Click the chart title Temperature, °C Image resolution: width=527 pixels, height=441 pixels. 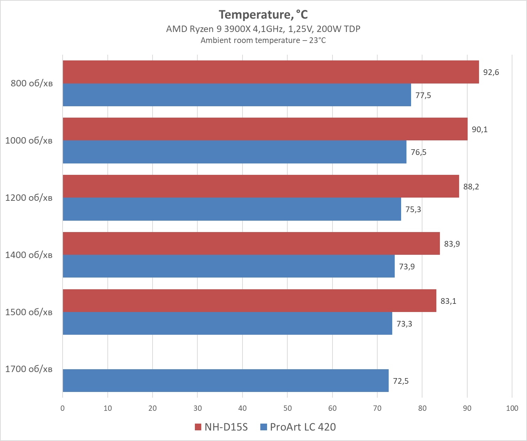point(263,15)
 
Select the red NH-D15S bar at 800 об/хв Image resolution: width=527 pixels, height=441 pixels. point(270,72)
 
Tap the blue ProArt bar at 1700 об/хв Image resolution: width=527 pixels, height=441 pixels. point(225,381)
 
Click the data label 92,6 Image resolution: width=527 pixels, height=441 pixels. point(491,72)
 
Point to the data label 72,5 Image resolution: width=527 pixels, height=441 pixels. point(401,381)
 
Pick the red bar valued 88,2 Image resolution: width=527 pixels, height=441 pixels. point(261,186)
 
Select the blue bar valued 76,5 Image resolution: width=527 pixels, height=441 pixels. point(234,152)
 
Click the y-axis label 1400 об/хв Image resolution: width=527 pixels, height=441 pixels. point(29,255)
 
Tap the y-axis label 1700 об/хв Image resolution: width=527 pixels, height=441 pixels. point(29,369)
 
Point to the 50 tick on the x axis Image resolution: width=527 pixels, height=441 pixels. point(287,408)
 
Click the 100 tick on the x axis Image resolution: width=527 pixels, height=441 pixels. point(512,408)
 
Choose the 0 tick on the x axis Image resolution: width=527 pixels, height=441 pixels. point(63,408)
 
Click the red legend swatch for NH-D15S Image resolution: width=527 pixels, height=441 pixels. point(198,427)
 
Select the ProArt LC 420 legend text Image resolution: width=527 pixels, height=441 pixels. point(303,427)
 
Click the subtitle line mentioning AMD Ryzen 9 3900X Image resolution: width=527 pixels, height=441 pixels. point(263,29)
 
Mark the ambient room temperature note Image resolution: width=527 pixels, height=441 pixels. point(263,41)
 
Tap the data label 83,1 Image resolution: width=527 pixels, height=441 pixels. point(448,301)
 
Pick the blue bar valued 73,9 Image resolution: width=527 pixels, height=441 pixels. point(229,266)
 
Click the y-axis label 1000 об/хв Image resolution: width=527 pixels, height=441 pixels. point(29,140)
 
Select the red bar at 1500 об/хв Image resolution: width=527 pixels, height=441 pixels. point(249,301)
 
